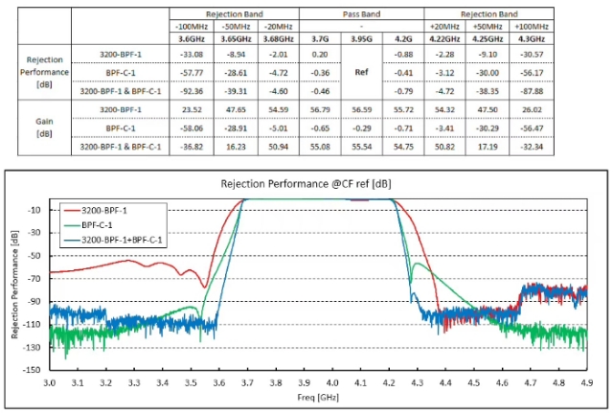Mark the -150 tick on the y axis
[x=33, y=368]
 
